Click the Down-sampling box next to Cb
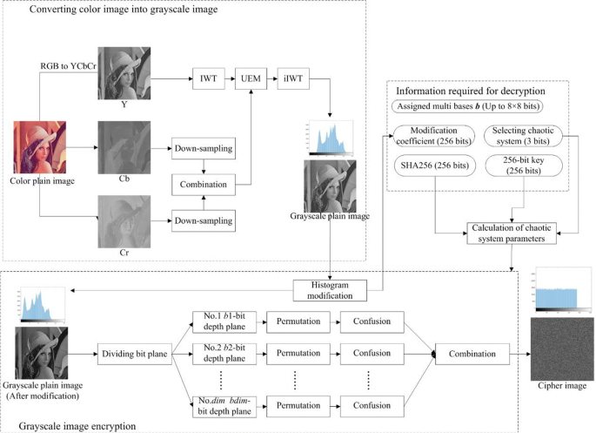(x=204, y=149)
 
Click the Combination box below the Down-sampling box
(x=204, y=185)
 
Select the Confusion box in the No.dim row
(x=371, y=404)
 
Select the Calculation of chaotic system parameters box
(x=509, y=233)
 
